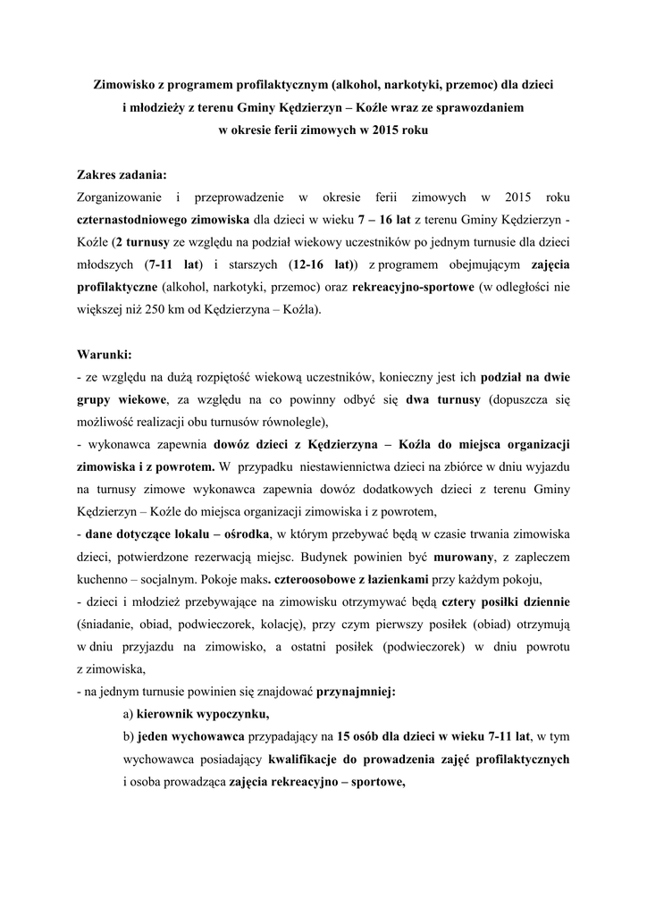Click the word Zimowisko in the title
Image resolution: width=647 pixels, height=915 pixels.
point(124,85)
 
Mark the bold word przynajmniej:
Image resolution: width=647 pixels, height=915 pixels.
point(355,692)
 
